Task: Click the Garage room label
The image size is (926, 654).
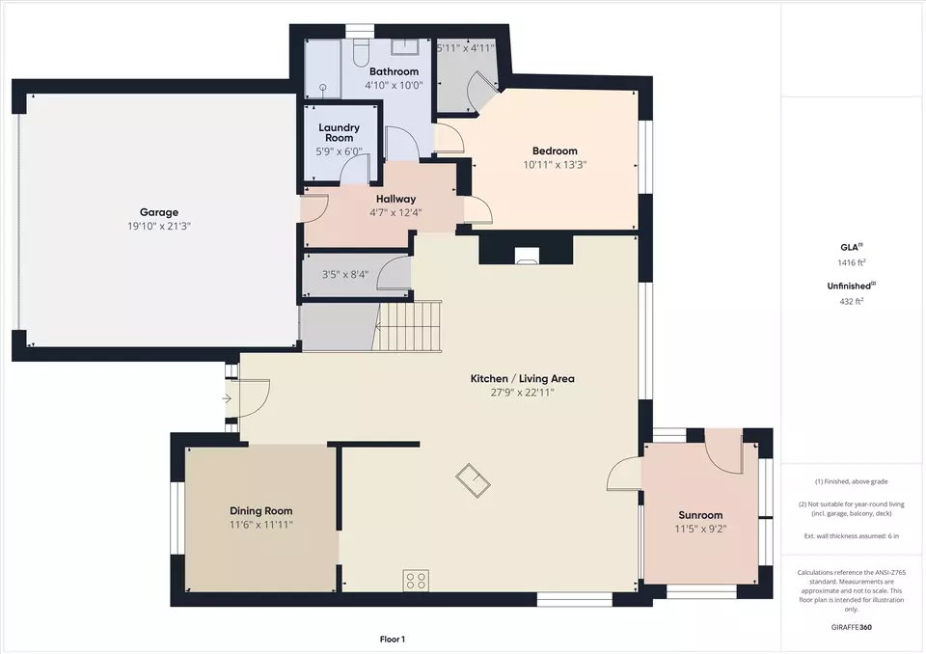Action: tap(159, 212)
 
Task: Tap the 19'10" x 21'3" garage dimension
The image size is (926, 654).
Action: tap(159, 227)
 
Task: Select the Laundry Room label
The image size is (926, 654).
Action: tap(339, 132)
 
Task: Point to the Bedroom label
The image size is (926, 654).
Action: tap(555, 150)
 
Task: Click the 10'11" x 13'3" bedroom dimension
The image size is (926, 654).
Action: tap(555, 165)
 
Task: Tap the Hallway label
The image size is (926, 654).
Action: tap(395, 199)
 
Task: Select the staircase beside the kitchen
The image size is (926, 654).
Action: tap(409, 326)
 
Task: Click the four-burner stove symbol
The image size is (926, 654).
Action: tap(416, 580)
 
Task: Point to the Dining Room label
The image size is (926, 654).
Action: tap(261, 511)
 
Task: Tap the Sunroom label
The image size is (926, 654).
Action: tap(700, 515)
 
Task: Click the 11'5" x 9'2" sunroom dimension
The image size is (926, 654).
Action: tap(700, 530)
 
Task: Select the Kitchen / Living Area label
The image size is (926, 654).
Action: tap(522, 379)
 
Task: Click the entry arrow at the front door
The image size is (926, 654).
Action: tap(227, 399)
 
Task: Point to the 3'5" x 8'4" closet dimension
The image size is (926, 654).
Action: tap(345, 275)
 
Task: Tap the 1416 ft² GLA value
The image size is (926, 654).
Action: tap(852, 262)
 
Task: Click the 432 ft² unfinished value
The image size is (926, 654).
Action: tap(852, 301)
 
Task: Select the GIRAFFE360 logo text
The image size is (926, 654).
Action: tap(851, 627)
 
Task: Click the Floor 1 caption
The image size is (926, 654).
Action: tap(393, 640)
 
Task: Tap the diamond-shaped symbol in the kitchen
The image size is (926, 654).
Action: tap(473, 480)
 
